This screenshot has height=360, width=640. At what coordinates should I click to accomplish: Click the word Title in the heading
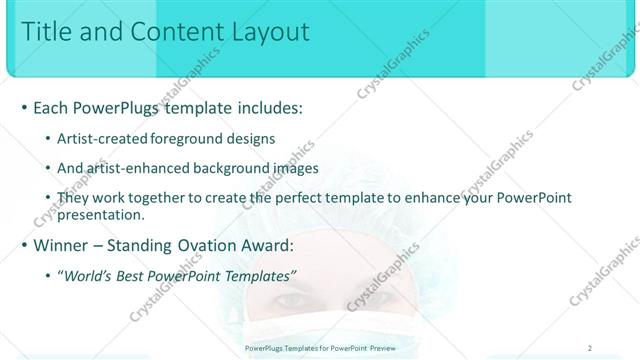click(x=48, y=32)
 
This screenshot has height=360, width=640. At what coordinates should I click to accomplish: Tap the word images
click(x=291, y=169)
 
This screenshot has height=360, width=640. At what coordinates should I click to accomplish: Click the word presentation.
click(x=101, y=214)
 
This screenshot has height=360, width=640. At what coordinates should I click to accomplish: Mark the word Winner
click(x=64, y=244)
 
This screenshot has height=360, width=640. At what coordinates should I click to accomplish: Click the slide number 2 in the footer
click(x=591, y=348)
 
